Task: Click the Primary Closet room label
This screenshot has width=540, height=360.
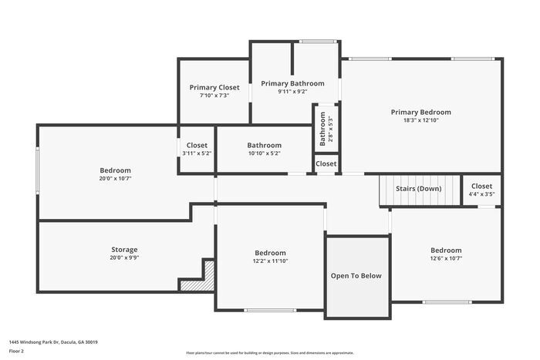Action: pyautogui.click(x=214, y=87)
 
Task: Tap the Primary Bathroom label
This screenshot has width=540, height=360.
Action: pyautogui.click(x=292, y=82)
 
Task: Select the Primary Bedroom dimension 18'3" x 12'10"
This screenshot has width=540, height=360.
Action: pyautogui.click(x=420, y=120)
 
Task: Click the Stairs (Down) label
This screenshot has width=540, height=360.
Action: pyautogui.click(x=418, y=187)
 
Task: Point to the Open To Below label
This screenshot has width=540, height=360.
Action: pyautogui.click(x=356, y=275)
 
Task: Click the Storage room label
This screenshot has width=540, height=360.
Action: pyautogui.click(x=124, y=249)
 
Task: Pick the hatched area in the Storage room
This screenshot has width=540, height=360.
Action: pyautogui.click(x=190, y=285)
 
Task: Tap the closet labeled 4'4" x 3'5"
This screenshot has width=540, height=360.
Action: pyautogui.click(x=481, y=194)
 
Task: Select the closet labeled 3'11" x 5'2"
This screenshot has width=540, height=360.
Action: pyautogui.click(x=197, y=153)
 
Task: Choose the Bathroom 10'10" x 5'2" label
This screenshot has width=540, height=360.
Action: pyautogui.click(x=264, y=153)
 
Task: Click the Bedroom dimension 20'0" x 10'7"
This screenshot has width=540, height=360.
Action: pyautogui.click(x=115, y=179)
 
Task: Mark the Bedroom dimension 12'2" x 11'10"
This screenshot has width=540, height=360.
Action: pyautogui.click(x=270, y=261)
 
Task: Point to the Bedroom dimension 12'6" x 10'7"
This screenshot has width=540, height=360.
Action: pyautogui.click(x=446, y=259)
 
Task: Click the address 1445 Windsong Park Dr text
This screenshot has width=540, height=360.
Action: pyautogui.click(x=53, y=341)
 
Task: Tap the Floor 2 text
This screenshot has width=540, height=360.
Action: pyautogui.click(x=17, y=351)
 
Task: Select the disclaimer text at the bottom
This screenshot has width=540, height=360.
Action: pyautogui.click(x=269, y=352)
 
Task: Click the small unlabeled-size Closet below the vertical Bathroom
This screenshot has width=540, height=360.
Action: pyautogui.click(x=326, y=163)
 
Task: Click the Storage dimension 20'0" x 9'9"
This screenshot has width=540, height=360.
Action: pyautogui.click(x=124, y=258)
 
